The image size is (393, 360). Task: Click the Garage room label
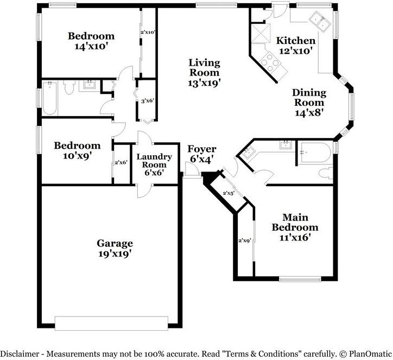(115, 248)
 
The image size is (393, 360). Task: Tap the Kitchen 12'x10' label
(295, 46)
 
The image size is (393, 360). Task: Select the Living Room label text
(204, 73)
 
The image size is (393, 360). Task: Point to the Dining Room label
(309, 103)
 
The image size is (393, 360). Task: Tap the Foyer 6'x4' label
(201, 154)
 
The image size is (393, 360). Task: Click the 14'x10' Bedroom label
(91, 42)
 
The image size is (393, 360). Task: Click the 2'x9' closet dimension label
(245, 240)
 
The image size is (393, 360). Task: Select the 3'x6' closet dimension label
(147, 100)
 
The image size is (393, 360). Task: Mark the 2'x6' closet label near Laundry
(121, 162)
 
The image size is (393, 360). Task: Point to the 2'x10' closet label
(148, 32)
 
